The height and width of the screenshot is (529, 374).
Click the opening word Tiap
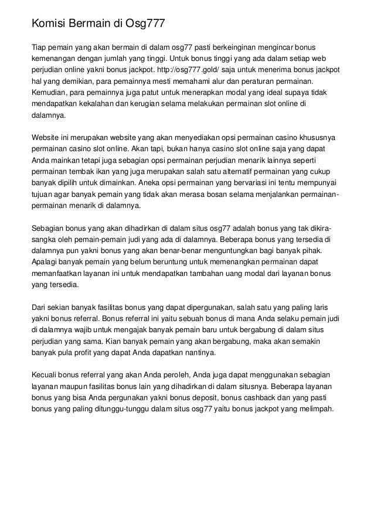click(x=39, y=46)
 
